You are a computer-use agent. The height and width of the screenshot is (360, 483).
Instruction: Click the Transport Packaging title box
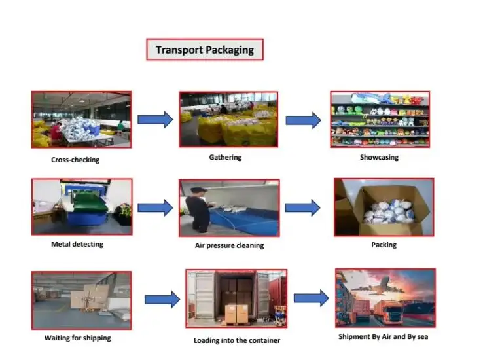click(204, 50)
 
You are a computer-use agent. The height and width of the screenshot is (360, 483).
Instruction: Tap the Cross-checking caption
click(75, 160)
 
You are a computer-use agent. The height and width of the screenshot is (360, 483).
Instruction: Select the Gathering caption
click(225, 157)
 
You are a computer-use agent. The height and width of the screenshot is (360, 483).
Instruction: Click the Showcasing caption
click(379, 158)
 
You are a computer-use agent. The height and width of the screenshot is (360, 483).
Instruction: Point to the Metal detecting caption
click(77, 244)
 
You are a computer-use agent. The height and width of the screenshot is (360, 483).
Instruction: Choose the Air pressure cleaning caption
click(229, 245)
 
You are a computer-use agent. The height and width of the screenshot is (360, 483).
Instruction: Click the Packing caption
click(384, 245)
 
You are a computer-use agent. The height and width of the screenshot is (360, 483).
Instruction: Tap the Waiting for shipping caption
click(77, 338)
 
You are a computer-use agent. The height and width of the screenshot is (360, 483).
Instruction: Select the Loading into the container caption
click(236, 340)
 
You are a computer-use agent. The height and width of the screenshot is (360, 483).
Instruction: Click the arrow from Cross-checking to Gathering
click(155, 119)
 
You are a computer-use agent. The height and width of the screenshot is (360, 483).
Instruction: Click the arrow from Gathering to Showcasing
click(304, 120)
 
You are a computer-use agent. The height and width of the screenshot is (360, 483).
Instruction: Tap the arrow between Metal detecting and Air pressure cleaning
click(155, 208)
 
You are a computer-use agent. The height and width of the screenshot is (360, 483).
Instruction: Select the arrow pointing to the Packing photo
click(303, 208)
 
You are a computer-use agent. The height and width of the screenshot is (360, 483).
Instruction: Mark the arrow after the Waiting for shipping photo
click(162, 300)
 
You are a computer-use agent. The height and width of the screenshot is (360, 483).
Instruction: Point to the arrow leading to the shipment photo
click(311, 298)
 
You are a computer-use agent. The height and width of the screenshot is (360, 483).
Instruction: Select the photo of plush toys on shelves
click(380, 119)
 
